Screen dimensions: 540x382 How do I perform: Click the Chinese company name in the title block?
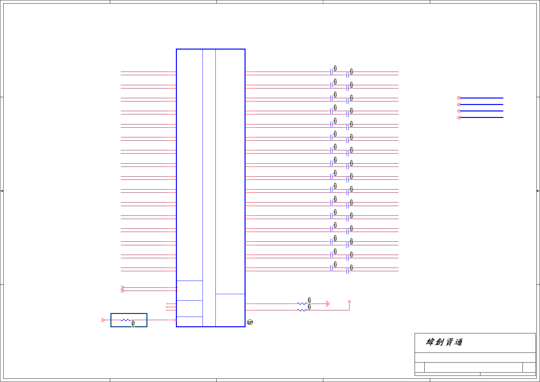[444, 342]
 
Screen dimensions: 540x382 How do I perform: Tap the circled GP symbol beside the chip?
[250, 322]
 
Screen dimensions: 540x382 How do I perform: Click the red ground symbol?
[328, 304]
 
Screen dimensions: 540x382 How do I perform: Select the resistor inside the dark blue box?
[125, 320]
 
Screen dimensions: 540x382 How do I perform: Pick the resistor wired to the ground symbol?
[302, 304]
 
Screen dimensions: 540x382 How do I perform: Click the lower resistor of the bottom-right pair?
[302, 310]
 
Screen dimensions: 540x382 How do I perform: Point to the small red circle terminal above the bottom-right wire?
[349, 301]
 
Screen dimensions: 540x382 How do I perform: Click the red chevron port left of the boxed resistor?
[103, 320]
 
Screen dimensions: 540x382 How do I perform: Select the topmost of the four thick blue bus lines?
[481, 98]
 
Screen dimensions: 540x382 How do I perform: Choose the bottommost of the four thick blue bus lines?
[481, 117]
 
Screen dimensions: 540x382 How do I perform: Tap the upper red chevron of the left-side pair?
[122, 287]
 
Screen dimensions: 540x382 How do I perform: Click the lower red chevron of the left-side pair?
[122, 291]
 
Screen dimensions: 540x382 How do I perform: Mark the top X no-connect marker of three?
[167, 304]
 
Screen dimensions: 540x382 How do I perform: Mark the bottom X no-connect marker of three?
[167, 310]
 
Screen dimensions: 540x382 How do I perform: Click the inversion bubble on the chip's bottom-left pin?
[175, 320]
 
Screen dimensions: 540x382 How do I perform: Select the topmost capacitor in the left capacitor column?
[331, 72]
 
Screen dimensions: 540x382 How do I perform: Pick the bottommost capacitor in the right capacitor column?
[347, 271]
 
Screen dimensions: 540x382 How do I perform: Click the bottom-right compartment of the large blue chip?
[230, 310]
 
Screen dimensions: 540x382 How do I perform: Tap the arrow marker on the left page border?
[2, 191]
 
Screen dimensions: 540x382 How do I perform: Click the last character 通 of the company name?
[458, 342]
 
